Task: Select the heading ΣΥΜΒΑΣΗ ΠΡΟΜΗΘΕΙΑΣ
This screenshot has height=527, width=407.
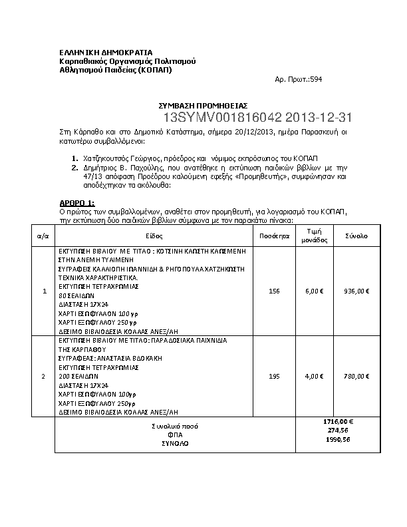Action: (x=202, y=105)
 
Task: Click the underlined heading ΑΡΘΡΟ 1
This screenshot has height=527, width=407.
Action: (x=77, y=202)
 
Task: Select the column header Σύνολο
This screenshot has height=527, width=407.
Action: (x=356, y=236)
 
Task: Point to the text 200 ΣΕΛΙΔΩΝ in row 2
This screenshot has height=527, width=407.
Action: (x=78, y=376)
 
